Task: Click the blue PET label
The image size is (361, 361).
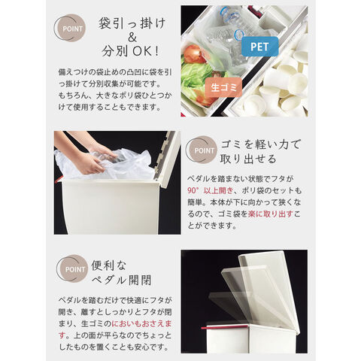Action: (x=259, y=47)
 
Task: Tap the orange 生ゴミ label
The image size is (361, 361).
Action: (x=223, y=87)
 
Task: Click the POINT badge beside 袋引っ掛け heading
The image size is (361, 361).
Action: (x=70, y=28)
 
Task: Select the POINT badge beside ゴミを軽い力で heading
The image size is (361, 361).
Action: (x=202, y=150)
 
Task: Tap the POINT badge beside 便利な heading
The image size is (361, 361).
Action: (x=72, y=269)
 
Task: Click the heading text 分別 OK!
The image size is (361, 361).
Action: (x=131, y=51)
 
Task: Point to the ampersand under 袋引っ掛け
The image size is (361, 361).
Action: (x=132, y=38)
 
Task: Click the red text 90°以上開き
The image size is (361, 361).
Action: (x=211, y=190)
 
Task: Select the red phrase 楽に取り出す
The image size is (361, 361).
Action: (x=271, y=214)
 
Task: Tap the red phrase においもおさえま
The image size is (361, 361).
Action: (x=141, y=323)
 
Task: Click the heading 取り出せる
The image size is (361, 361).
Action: (x=248, y=159)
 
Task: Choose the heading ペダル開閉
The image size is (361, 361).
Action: (x=122, y=280)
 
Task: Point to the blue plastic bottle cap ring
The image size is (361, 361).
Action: (x=239, y=35)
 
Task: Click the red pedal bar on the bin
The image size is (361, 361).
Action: (x=225, y=327)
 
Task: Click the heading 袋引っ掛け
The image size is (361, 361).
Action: (x=132, y=23)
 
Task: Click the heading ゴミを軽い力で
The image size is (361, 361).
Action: (x=260, y=144)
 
